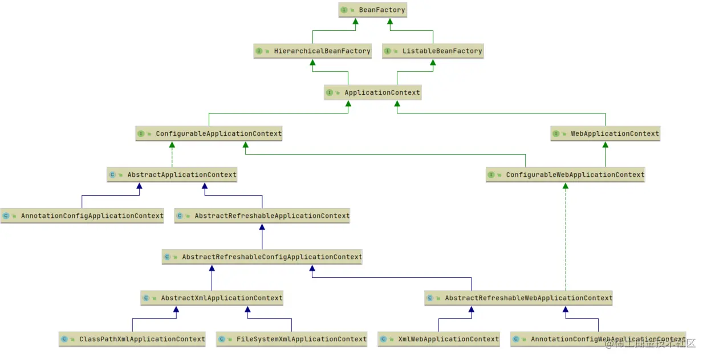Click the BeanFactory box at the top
[x=373, y=10]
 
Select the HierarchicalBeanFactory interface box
[x=313, y=51]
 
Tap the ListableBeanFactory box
[x=433, y=51]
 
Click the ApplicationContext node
[x=373, y=92]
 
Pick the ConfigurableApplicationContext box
[x=209, y=134]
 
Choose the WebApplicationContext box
[x=606, y=134]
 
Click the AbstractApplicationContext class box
[x=172, y=175]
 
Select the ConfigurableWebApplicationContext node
[x=566, y=175]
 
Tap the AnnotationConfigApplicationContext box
[x=82, y=216]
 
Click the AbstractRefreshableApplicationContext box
[x=262, y=216]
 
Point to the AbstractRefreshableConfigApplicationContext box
[x=262, y=257]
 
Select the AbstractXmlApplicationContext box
[x=212, y=298]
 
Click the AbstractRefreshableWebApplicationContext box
[x=519, y=298]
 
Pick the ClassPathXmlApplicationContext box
[x=132, y=339]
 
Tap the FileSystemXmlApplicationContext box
[x=292, y=339]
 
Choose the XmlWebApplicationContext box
[x=438, y=339]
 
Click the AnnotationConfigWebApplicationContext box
[x=598, y=339]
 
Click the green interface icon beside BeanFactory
[x=344, y=10]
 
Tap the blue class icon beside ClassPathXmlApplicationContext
[x=64, y=339]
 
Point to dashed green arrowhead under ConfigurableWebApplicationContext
[x=566, y=186]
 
